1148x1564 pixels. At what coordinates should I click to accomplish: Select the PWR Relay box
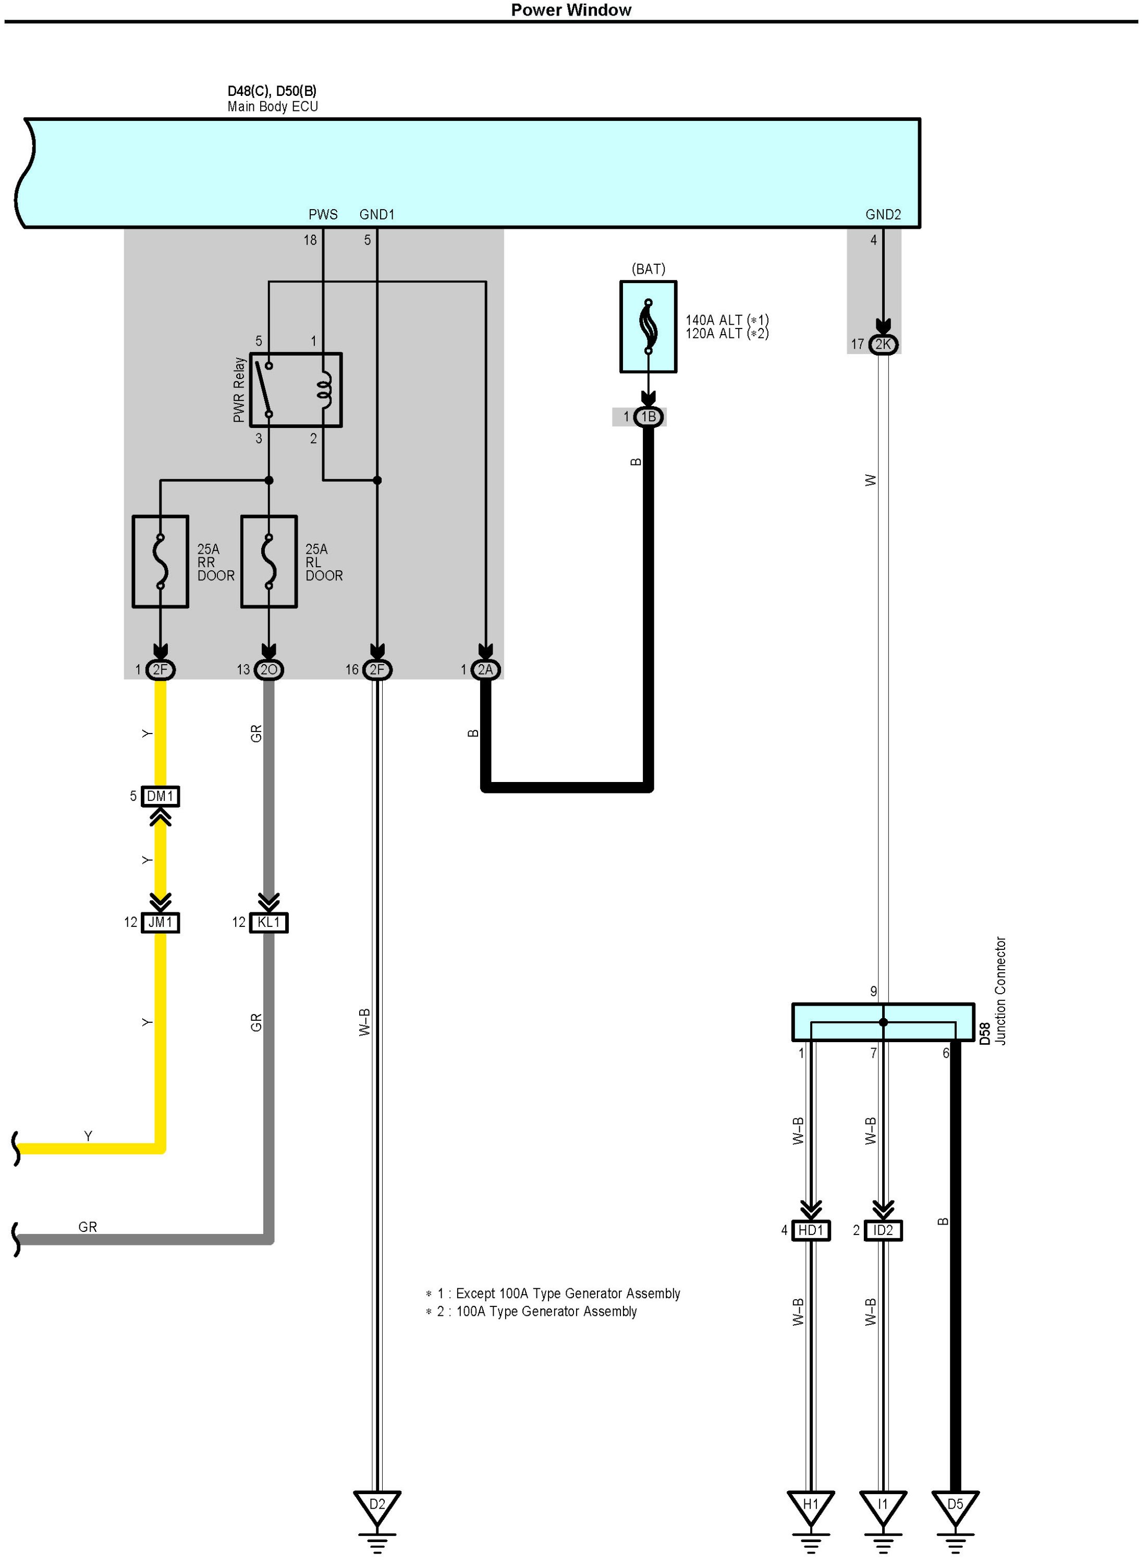(x=295, y=390)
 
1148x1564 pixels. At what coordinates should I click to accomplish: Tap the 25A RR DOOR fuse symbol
(x=161, y=561)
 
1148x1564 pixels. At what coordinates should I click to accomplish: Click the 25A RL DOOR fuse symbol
(x=269, y=561)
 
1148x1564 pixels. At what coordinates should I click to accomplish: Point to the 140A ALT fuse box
(x=649, y=326)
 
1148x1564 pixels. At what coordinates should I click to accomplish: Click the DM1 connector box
(x=161, y=796)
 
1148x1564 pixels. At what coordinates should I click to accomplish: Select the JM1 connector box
(x=161, y=922)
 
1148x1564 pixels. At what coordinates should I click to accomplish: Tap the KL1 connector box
(x=269, y=922)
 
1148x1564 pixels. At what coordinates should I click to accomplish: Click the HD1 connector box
(x=811, y=1230)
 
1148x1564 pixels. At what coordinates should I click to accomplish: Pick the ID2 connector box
(x=883, y=1230)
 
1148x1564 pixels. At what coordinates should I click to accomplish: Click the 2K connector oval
(x=883, y=345)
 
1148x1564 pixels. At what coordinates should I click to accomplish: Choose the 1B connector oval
(x=649, y=417)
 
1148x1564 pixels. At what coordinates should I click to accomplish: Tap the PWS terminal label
(x=323, y=215)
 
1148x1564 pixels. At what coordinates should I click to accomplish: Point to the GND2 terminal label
(x=883, y=215)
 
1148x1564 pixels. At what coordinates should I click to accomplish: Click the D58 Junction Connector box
(x=883, y=1022)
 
